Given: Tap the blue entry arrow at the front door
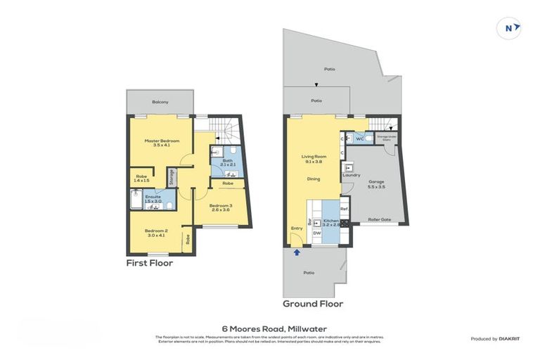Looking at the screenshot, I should click(296, 251).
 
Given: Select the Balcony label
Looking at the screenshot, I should click(160, 102).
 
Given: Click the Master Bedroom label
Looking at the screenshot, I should click(162, 141).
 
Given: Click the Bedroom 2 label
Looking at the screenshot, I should click(156, 231).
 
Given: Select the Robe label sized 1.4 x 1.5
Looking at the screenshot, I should click(141, 178).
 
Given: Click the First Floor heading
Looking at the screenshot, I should click(149, 263).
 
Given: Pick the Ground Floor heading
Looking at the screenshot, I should click(312, 304).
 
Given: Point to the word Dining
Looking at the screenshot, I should click(313, 179).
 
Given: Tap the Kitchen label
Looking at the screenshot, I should click(330, 221).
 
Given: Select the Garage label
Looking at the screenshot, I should click(377, 181).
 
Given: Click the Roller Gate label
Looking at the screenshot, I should click(380, 219).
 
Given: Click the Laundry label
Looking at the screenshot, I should click(352, 174).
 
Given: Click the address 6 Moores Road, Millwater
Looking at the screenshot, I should click(270, 328).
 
